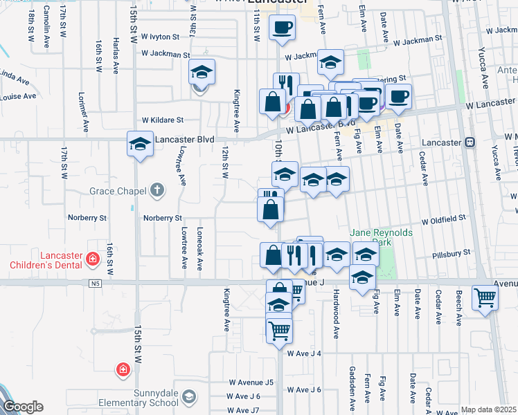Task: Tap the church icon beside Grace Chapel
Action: [x=157, y=190]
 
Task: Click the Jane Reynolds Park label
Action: [x=382, y=237]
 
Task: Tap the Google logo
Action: [x=22, y=407]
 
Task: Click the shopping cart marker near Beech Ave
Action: [x=485, y=297]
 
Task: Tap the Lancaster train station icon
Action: [x=470, y=142]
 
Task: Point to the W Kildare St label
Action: [x=162, y=120]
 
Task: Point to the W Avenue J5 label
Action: [x=251, y=382]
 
